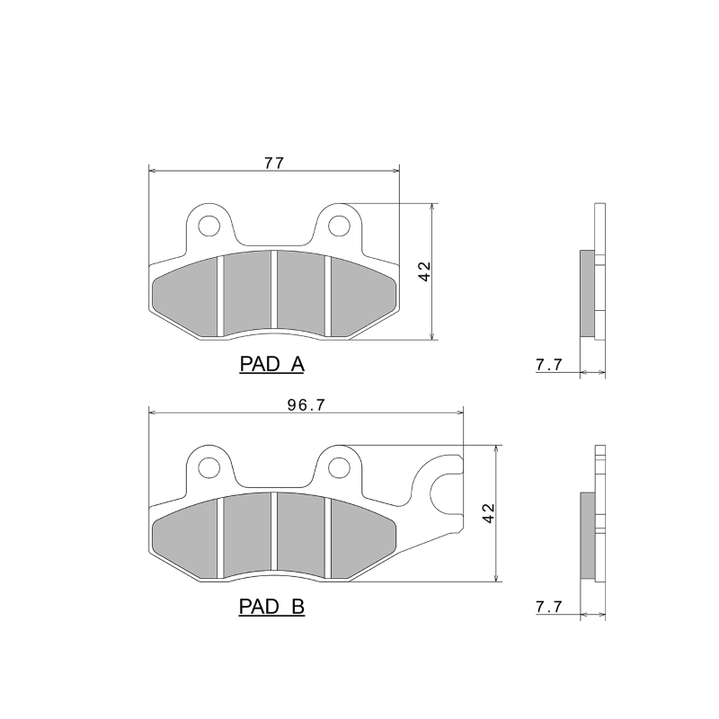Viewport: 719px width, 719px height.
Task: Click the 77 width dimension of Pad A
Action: pos(274,163)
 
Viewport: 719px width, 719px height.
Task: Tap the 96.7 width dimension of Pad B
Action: pos(306,404)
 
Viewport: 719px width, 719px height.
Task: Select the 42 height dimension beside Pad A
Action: pos(424,272)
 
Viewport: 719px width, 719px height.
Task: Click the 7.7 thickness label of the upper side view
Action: pos(548,365)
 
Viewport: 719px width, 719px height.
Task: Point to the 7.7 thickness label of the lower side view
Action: pos(548,608)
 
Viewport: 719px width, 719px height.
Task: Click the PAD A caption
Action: pos(271,365)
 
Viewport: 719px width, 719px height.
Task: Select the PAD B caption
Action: pos(271,608)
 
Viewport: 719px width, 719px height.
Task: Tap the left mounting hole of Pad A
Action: pos(209,224)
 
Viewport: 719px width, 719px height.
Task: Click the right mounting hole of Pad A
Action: pos(339,224)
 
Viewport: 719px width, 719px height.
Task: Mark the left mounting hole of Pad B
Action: pos(209,466)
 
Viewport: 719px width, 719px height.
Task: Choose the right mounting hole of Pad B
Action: pos(339,466)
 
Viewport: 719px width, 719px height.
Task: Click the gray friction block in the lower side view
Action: pos(586,537)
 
